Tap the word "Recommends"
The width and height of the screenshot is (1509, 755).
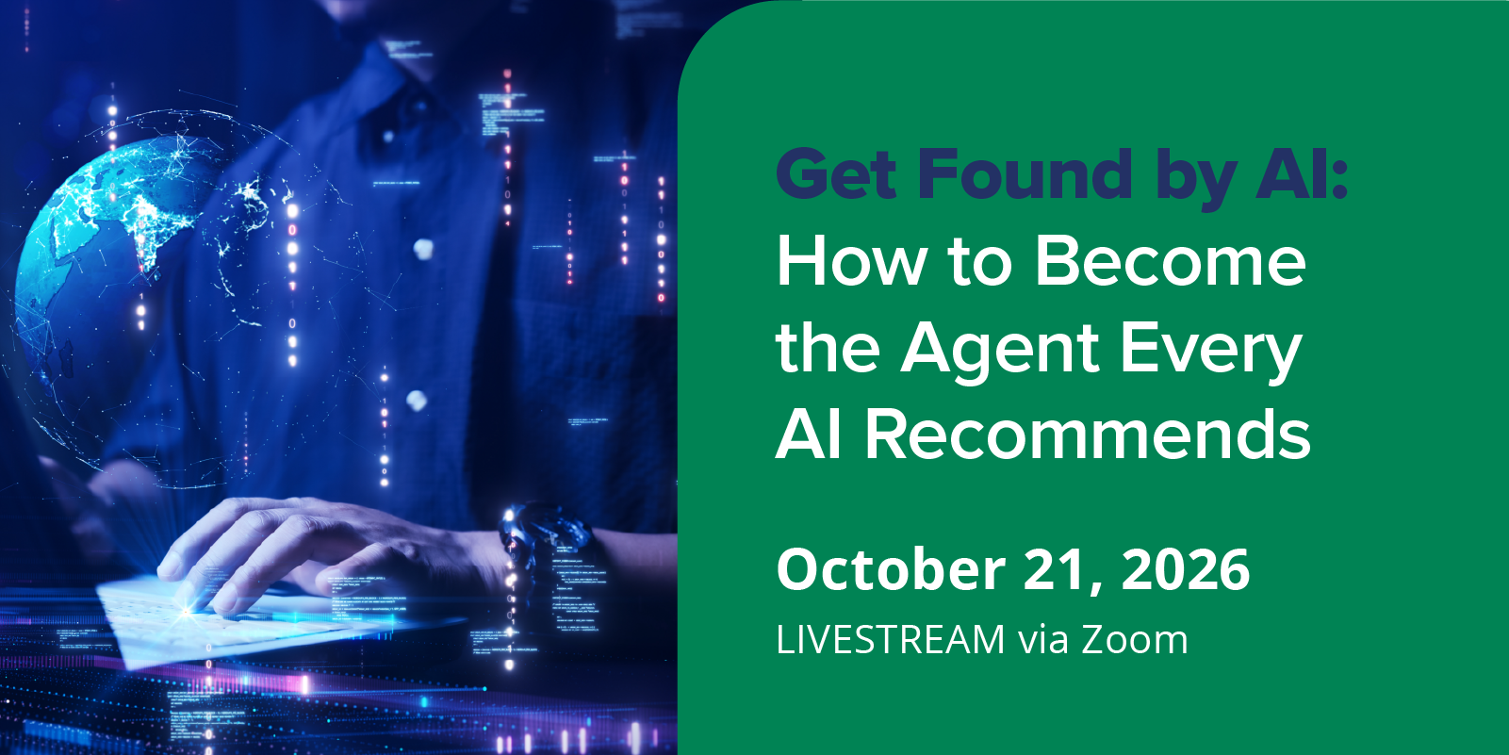click(1088, 435)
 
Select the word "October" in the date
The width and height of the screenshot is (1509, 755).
click(892, 570)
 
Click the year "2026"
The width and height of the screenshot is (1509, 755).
click(1187, 570)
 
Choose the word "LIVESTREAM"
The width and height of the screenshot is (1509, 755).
click(891, 639)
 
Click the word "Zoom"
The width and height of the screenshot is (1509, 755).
click(1135, 639)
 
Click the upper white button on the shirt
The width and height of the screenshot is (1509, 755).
click(423, 249)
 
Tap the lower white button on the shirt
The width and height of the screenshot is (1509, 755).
click(417, 401)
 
